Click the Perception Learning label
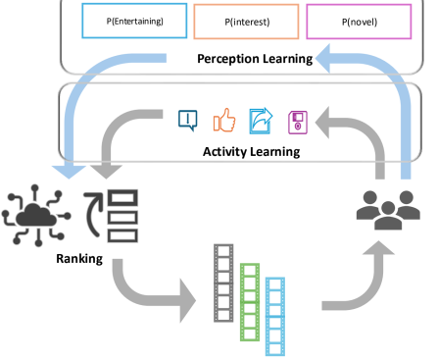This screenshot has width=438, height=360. pos(253,58)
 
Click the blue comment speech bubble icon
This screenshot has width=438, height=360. pos(187,121)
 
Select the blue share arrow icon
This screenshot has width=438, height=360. pos(262,120)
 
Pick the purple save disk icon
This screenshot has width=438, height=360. pos(297,121)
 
